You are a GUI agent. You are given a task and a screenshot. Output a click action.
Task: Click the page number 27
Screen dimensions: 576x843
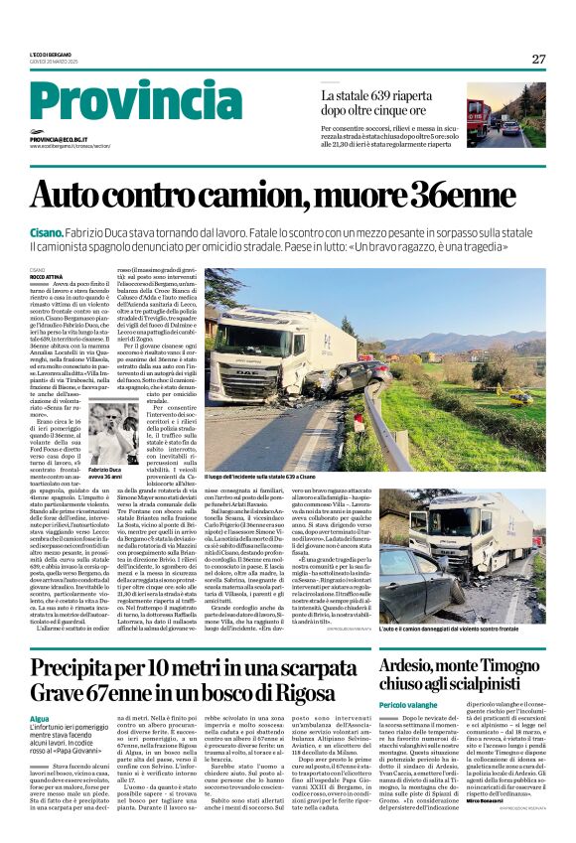538,59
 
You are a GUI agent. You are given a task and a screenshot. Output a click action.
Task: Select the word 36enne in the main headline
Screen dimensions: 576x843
476,195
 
